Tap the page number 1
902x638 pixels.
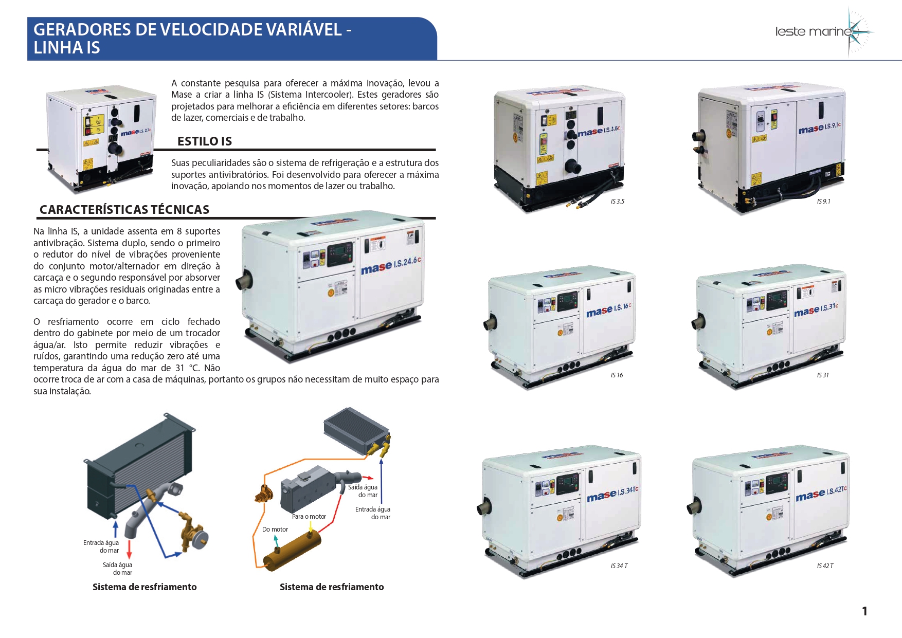864,611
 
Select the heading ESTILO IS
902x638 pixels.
205,141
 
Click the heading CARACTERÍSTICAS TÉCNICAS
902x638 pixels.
124,210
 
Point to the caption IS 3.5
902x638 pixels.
618,202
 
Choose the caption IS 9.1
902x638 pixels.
824,202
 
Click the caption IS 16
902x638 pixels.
617,375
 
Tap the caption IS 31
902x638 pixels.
823,375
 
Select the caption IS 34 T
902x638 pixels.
619,566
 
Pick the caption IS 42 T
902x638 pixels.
825,566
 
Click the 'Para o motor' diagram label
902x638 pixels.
309,517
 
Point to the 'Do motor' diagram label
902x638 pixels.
275,530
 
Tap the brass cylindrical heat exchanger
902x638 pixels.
292,551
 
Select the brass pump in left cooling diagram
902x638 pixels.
191,531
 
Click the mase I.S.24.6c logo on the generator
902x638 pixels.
391,265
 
